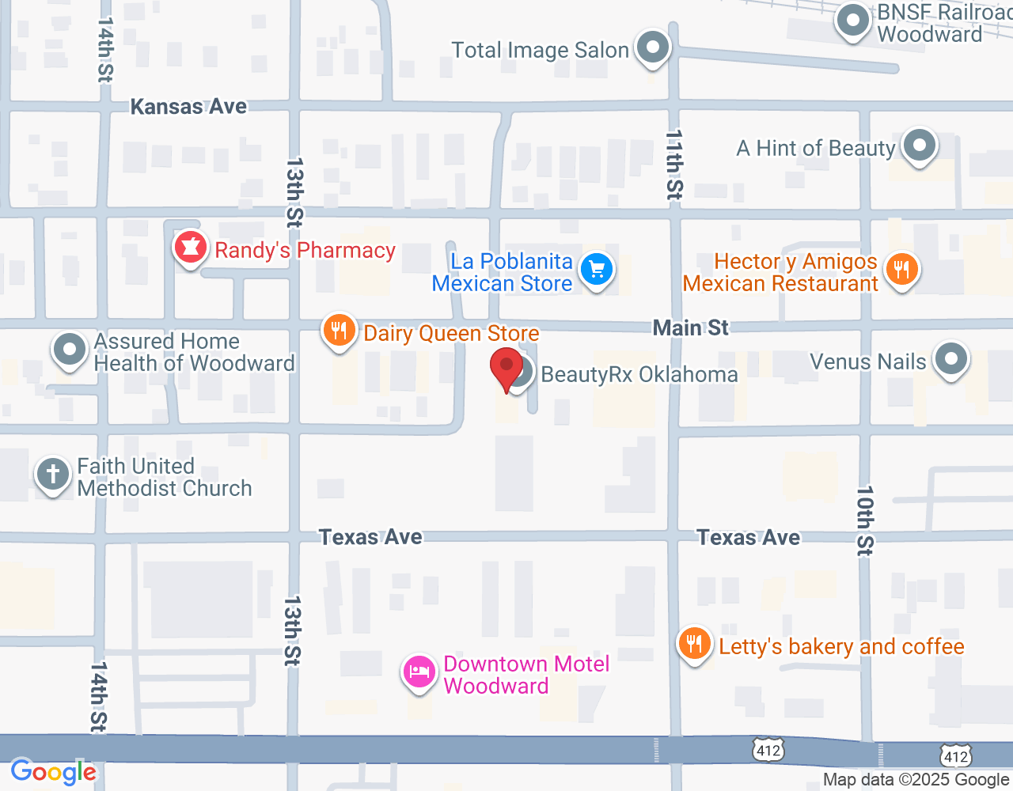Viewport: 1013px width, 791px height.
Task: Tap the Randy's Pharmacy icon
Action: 190,248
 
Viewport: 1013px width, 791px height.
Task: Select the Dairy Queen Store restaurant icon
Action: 339,331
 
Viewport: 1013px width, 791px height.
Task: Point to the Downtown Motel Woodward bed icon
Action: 419,673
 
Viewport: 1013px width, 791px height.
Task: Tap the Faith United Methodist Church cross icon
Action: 53,475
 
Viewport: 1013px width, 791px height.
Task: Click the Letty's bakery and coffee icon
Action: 694,645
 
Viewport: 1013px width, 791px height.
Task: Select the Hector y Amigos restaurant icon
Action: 901,270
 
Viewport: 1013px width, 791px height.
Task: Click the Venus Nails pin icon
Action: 950,359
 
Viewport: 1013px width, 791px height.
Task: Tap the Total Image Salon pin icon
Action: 653,48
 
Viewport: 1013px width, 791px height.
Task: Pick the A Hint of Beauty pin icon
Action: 919,146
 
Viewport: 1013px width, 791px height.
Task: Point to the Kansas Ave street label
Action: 188,107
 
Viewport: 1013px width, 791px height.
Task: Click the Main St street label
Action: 690,327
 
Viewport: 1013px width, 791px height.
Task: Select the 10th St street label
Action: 865,520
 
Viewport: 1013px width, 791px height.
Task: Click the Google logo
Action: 53,772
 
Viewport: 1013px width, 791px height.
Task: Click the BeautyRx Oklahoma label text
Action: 639,374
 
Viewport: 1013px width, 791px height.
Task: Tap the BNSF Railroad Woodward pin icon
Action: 853,21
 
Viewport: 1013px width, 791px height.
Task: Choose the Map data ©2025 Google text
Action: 916,780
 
